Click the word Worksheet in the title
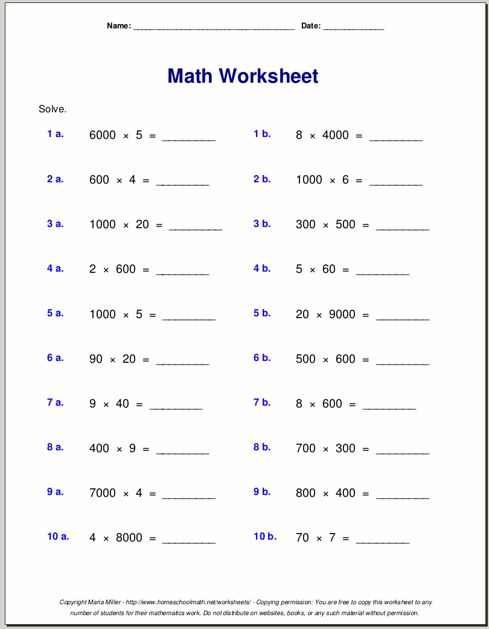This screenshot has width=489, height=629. (x=269, y=76)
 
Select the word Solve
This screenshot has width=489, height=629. (x=53, y=109)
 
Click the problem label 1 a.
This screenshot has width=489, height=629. (x=56, y=134)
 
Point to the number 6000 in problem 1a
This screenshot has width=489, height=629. (x=102, y=135)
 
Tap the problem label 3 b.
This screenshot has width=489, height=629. (x=262, y=224)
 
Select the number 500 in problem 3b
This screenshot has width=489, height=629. (x=345, y=225)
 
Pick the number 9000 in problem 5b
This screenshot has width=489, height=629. (x=342, y=314)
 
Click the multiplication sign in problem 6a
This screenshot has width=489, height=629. (x=112, y=360)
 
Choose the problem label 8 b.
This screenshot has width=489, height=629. (x=262, y=447)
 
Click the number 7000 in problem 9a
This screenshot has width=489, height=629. (x=102, y=493)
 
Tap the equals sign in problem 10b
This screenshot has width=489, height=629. (x=346, y=538)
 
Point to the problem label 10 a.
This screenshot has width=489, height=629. (x=58, y=537)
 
